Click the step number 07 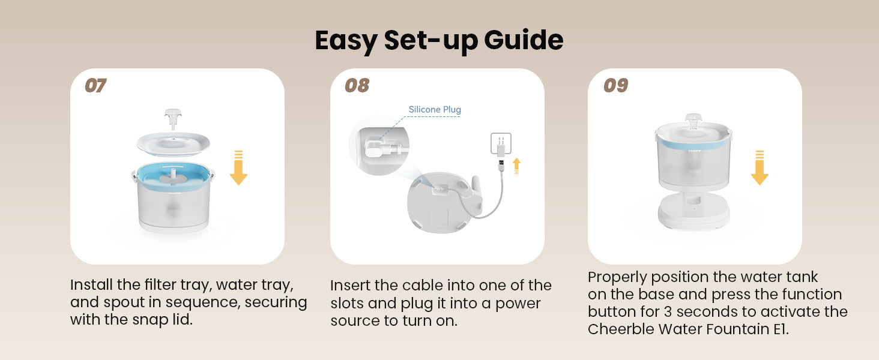tap(95, 85)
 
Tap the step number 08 tap(357, 85)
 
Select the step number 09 tap(615, 85)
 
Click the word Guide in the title tap(524, 40)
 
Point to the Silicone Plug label tap(435, 109)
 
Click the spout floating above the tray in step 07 tap(173, 119)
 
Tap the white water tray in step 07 tap(173, 144)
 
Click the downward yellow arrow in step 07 tap(238, 167)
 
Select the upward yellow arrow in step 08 tap(516, 166)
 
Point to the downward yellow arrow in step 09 tap(760, 167)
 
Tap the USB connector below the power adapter tap(501, 165)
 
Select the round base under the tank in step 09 tap(693, 211)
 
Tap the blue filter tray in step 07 tap(173, 176)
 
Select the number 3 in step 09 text tap(668, 312)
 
